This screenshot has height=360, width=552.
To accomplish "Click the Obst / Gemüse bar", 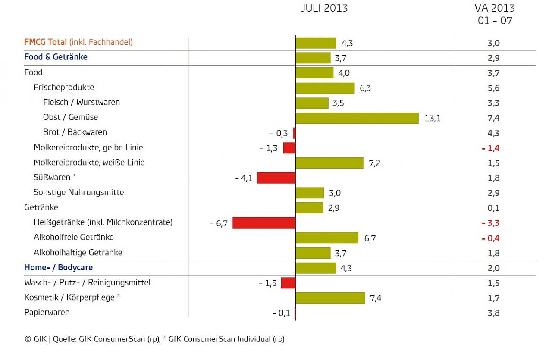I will [x=357, y=118].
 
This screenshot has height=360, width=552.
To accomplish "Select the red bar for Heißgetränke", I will [x=264, y=223].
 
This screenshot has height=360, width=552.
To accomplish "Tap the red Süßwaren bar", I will [x=276, y=178].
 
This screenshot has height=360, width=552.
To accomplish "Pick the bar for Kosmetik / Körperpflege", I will [x=330, y=298].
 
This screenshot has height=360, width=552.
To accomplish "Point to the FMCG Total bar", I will [x=316, y=43].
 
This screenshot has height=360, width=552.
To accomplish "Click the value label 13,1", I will [x=432, y=118].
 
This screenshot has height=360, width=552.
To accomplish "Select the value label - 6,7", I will [x=219, y=223].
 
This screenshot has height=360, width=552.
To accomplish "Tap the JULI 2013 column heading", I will [x=324, y=9].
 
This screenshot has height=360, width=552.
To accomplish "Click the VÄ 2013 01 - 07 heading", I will [x=495, y=14].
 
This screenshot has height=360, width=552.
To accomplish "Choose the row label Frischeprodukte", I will [x=64, y=87].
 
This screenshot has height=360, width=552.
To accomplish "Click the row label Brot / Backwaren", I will [x=75, y=132].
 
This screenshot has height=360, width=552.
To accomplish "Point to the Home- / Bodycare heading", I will [x=58, y=267].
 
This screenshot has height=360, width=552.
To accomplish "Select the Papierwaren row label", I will [x=47, y=313].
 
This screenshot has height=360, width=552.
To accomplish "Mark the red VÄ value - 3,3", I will [x=491, y=223].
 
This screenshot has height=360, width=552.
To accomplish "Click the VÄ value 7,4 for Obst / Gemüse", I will [x=494, y=118].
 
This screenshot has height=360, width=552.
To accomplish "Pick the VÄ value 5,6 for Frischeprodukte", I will [x=494, y=88].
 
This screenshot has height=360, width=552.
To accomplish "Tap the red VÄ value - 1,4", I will [x=491, y=148].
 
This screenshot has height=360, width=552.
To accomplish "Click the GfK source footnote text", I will [x=154, y=339].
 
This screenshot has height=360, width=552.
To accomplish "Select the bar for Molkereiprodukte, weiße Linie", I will [x=329, y=163].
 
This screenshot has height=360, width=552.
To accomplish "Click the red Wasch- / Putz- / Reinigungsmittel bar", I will [x=288, y=283].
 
